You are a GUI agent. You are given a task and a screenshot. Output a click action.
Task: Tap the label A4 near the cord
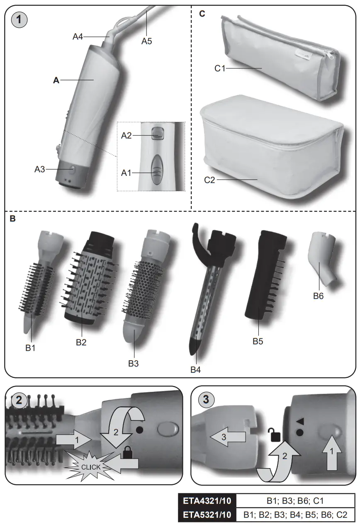click(x=78, y=37)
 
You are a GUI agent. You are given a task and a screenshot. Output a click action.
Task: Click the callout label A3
click(x=40, y=169)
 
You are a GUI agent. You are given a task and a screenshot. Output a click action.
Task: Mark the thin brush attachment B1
click(x=39, y=282)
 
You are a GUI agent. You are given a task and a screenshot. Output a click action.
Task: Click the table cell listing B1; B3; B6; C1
click(x=296, y=501)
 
